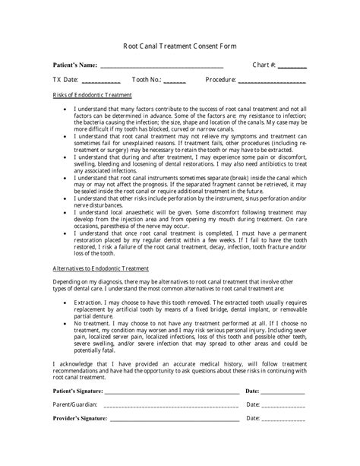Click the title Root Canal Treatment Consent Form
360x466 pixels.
pyautogui.click(x=179, y=46)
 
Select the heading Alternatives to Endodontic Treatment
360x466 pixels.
pyautogui.click(x=100, y=269)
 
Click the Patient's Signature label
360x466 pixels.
pyautogui.click(x=77, y=391)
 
